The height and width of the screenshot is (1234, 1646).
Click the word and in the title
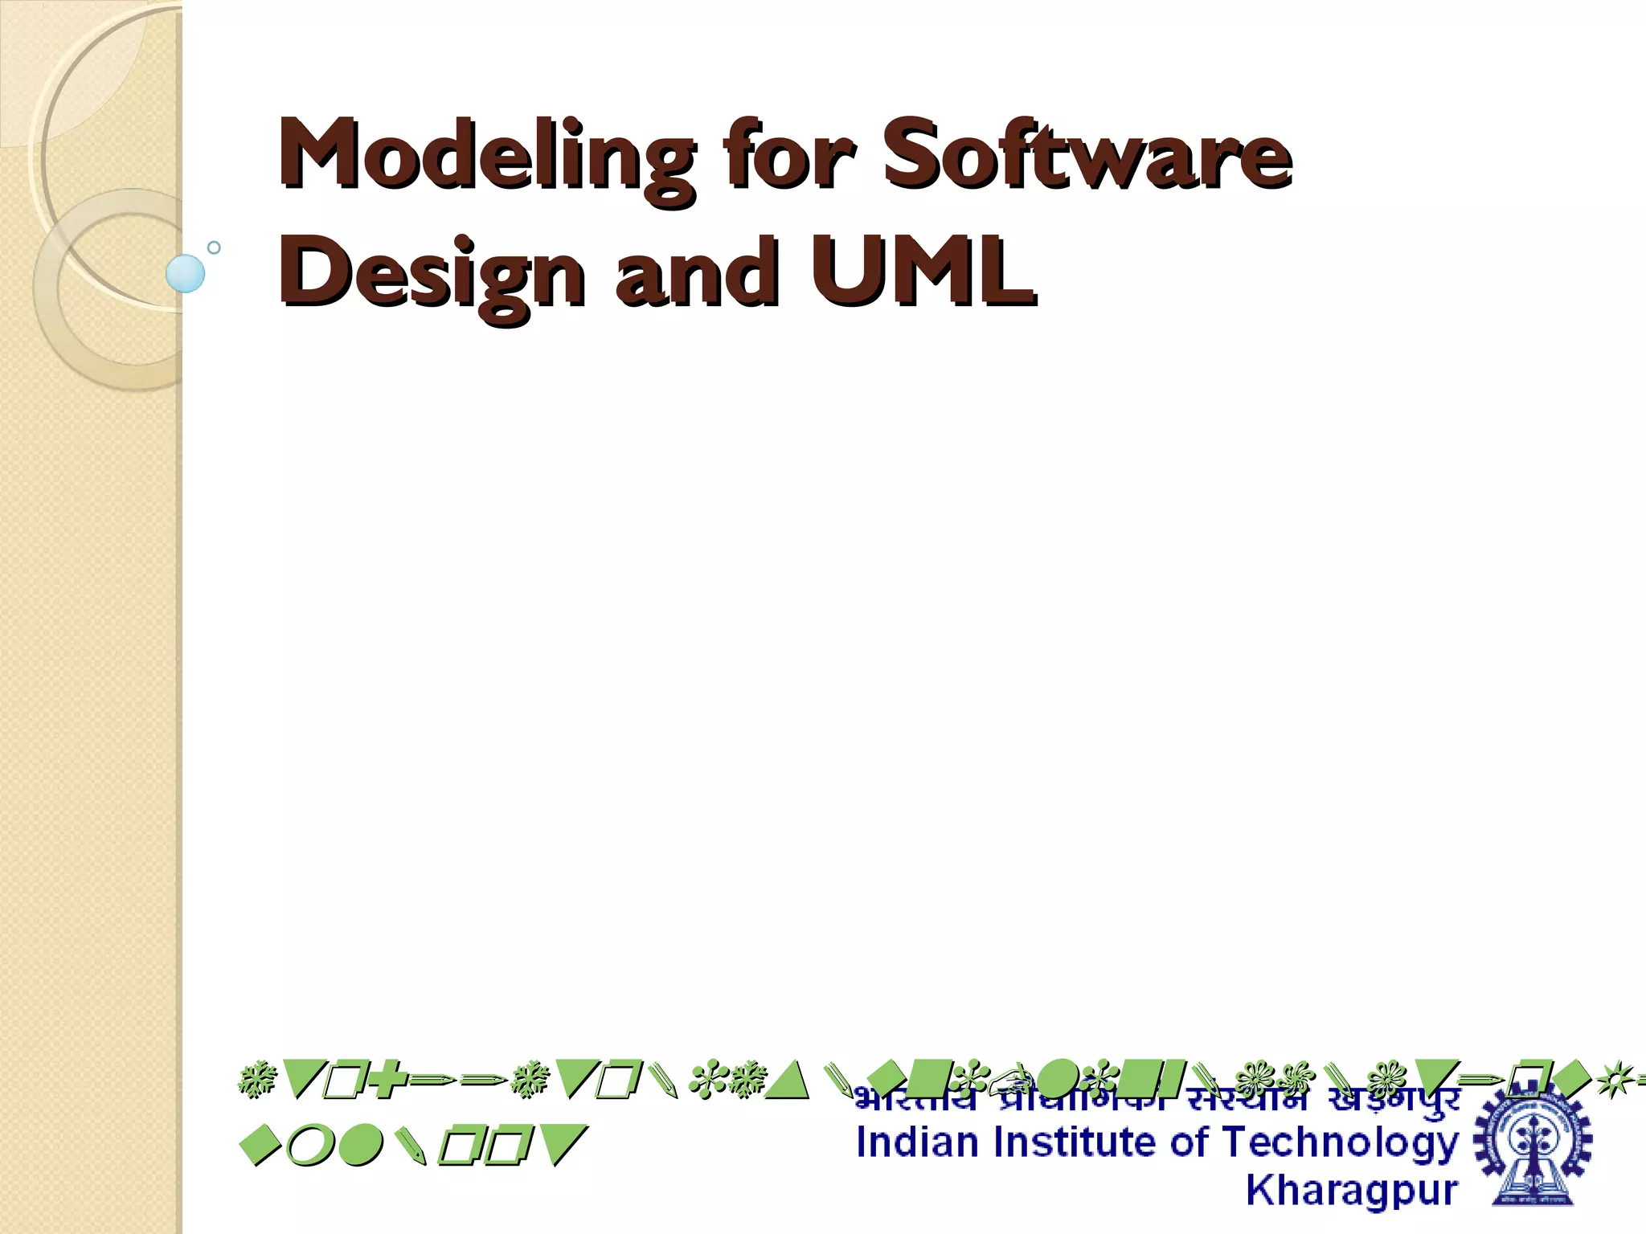point(698,272)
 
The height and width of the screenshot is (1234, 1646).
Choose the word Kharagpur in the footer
point(1352,1191)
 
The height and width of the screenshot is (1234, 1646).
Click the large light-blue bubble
point(186,273)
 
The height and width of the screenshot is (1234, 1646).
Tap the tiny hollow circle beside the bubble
point(214,247)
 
